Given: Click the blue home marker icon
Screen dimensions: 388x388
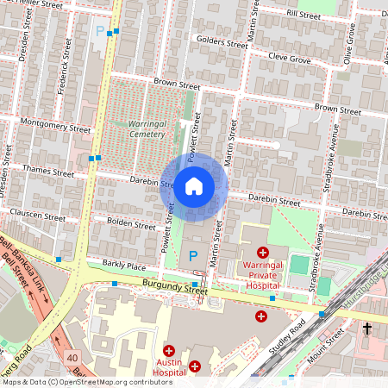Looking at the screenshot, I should pyautogui.click(x=194, y=185).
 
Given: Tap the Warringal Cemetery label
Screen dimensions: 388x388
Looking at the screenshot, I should pyautogui.click(x=140, y=129).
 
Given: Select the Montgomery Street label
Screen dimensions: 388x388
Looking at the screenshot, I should pyautogui.click(x=55, y=125).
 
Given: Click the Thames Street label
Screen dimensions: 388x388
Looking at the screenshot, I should pyautogui.click(x=48, y=172).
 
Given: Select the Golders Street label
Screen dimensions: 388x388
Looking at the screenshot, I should pyautogui.click(x=222, y=41).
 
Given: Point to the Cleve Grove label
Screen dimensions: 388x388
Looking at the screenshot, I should pyautogui.click(x=288, y=59).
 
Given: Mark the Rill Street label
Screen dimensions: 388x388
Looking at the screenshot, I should pyautogui.click(x=304, y=15).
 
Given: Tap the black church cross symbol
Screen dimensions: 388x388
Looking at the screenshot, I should pyautogui.click(x=366, y=329).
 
